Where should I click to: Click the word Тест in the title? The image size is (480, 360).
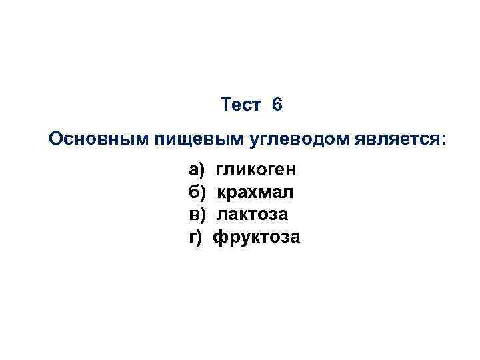coord(240,105)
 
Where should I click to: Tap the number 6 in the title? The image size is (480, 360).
coord(277,105)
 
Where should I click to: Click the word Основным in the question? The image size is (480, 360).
coord(99,139)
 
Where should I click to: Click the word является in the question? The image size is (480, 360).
coord(379,139)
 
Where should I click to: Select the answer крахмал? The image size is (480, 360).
coord(255,193)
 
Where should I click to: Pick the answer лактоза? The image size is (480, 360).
coord(253,215)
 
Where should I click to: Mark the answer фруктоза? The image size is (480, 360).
coord(257,237)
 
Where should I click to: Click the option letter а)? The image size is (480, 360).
coord(198,171)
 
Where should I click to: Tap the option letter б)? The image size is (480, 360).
coord(198,193)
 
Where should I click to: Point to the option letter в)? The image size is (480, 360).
coord(198,215)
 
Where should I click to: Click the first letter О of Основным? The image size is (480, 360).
coord(57,139)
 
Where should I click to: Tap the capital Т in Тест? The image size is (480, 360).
coord(225,105)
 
